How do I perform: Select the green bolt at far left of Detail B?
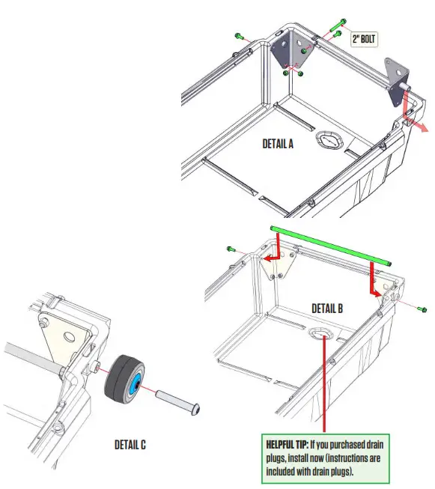(x=231, y=249)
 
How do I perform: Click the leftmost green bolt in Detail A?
(x=240, y=36)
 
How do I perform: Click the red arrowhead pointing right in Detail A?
(x=425, y=128)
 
